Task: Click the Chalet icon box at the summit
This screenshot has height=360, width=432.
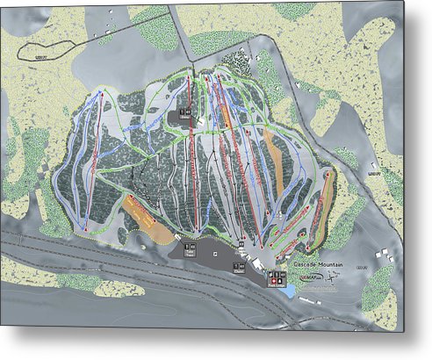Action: tap(185, 112)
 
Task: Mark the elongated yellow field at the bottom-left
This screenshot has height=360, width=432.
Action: tap(35, 272)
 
